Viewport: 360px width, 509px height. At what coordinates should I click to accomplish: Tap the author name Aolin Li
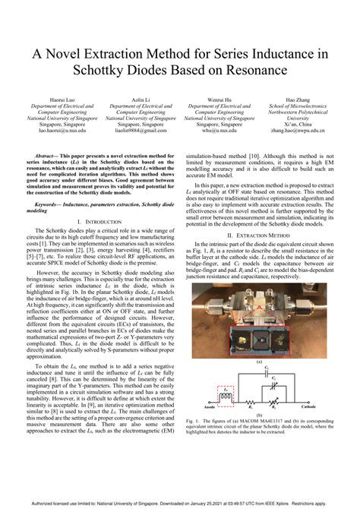point(141,100)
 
